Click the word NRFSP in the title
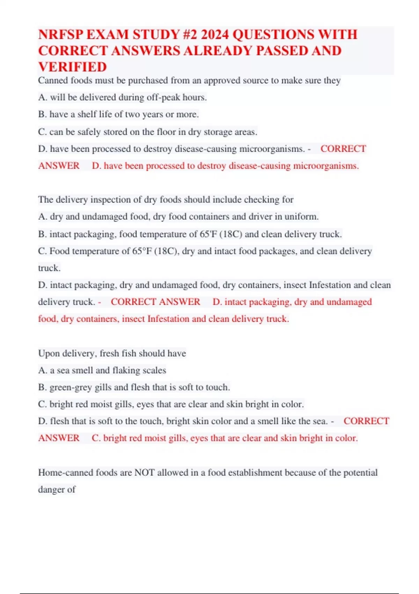click(60, 35)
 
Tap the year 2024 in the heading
click(215, 35)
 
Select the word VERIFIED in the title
click(73, 67)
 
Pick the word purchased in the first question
click(148, 81)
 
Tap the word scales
click(155, 370)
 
